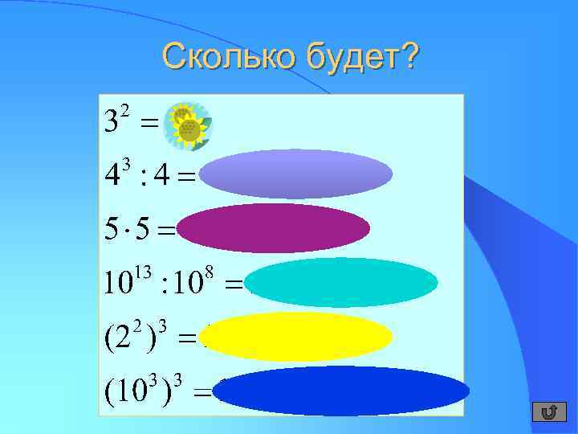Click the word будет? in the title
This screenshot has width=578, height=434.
pos(361,58)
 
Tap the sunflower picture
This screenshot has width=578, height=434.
pos(188,125)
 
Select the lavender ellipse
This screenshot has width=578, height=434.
pos(296,174)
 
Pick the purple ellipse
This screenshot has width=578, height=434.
pos(274,228)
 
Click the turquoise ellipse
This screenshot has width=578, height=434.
pos(342,283)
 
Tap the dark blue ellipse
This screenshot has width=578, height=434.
pos(341,391)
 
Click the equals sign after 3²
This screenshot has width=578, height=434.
pos(149,125)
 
